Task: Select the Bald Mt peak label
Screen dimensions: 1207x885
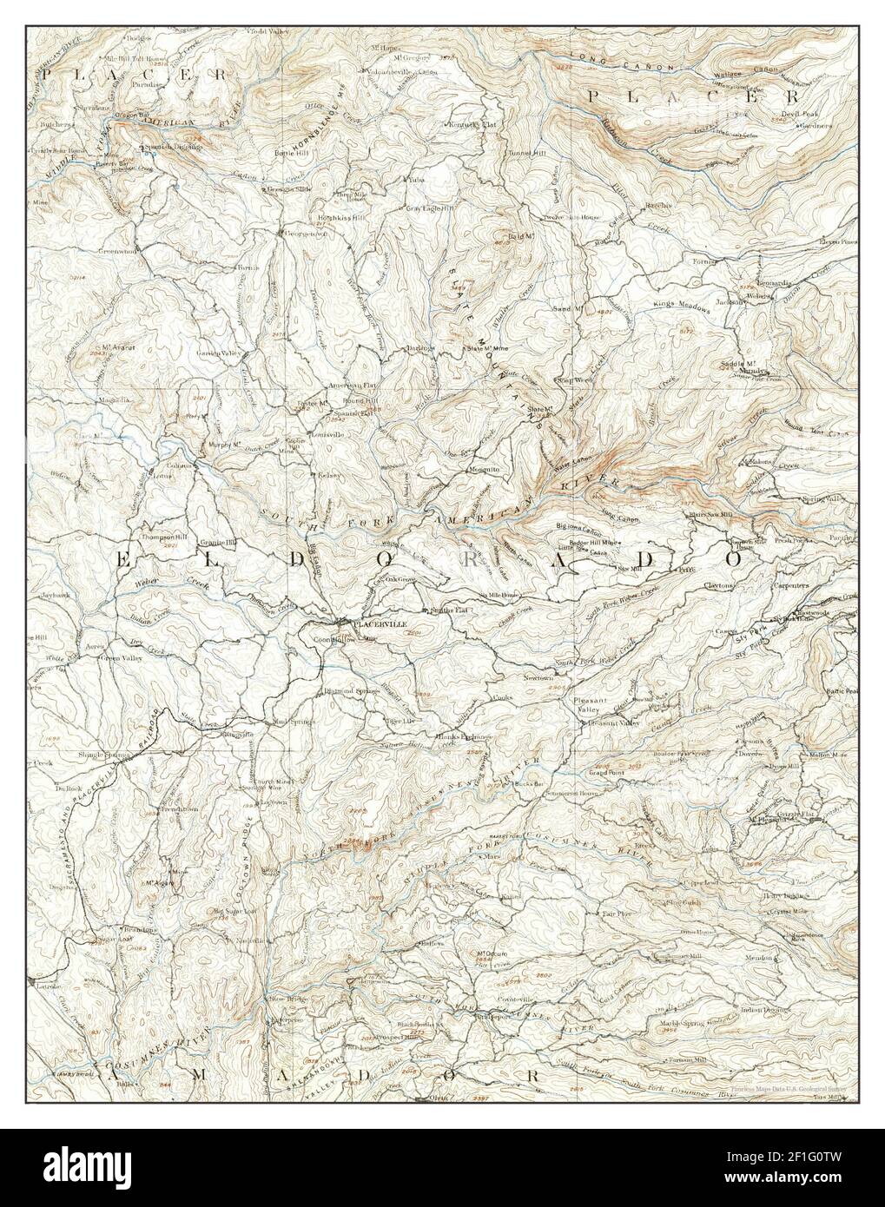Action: [x=520, y=236]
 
